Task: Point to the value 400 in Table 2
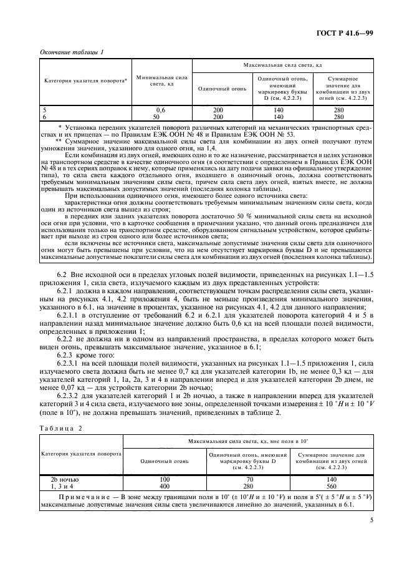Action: tap(165, 485)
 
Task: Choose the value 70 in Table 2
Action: tap(247, 479)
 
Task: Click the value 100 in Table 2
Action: tap(165, 479)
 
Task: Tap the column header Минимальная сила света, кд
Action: tap(160, 81)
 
